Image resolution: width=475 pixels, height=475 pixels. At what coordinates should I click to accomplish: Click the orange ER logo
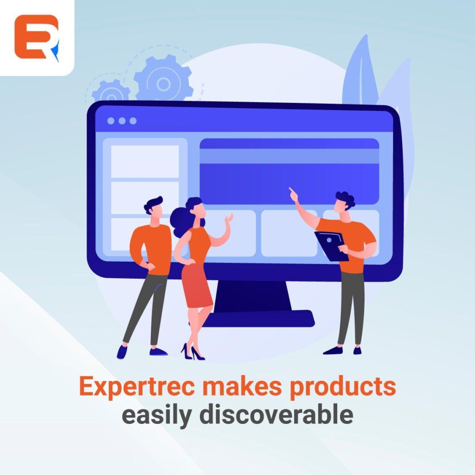[36, 37]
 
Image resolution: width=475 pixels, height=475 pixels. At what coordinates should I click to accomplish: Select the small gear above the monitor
[111, 92]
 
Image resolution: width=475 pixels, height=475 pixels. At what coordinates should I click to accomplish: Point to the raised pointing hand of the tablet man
[293, 194]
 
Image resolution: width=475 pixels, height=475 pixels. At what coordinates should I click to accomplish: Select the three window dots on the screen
[122, 121]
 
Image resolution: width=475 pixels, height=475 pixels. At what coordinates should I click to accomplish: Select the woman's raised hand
[228, 218]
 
